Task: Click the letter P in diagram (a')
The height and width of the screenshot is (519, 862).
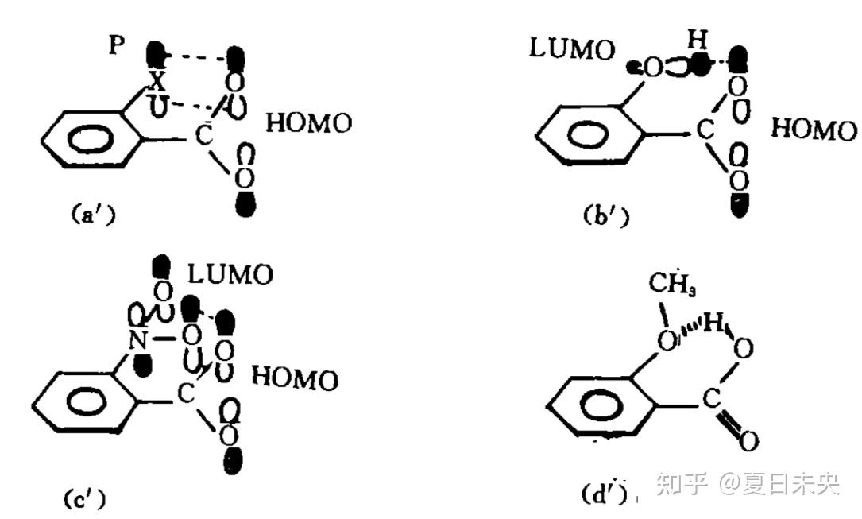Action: pyautogui.click(x=117, y=45)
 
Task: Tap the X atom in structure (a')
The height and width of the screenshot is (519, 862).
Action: pyautogui.click(x=158, y=81)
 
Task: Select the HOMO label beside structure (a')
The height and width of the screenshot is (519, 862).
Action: pyautogui.click(x=307, y=124)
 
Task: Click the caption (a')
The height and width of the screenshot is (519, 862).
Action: pyautogui.click(x=91, y=214)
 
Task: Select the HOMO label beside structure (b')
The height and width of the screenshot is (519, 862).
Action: pyautogui.click(x=814, y=130)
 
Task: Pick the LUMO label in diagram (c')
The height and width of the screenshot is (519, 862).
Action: pyautogui.click(x=230, y=275)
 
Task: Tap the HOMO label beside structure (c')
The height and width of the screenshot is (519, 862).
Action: pyautogui.click(x=294, y=378)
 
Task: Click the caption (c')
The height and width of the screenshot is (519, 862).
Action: pyautogui.click(x=84, y=498)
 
